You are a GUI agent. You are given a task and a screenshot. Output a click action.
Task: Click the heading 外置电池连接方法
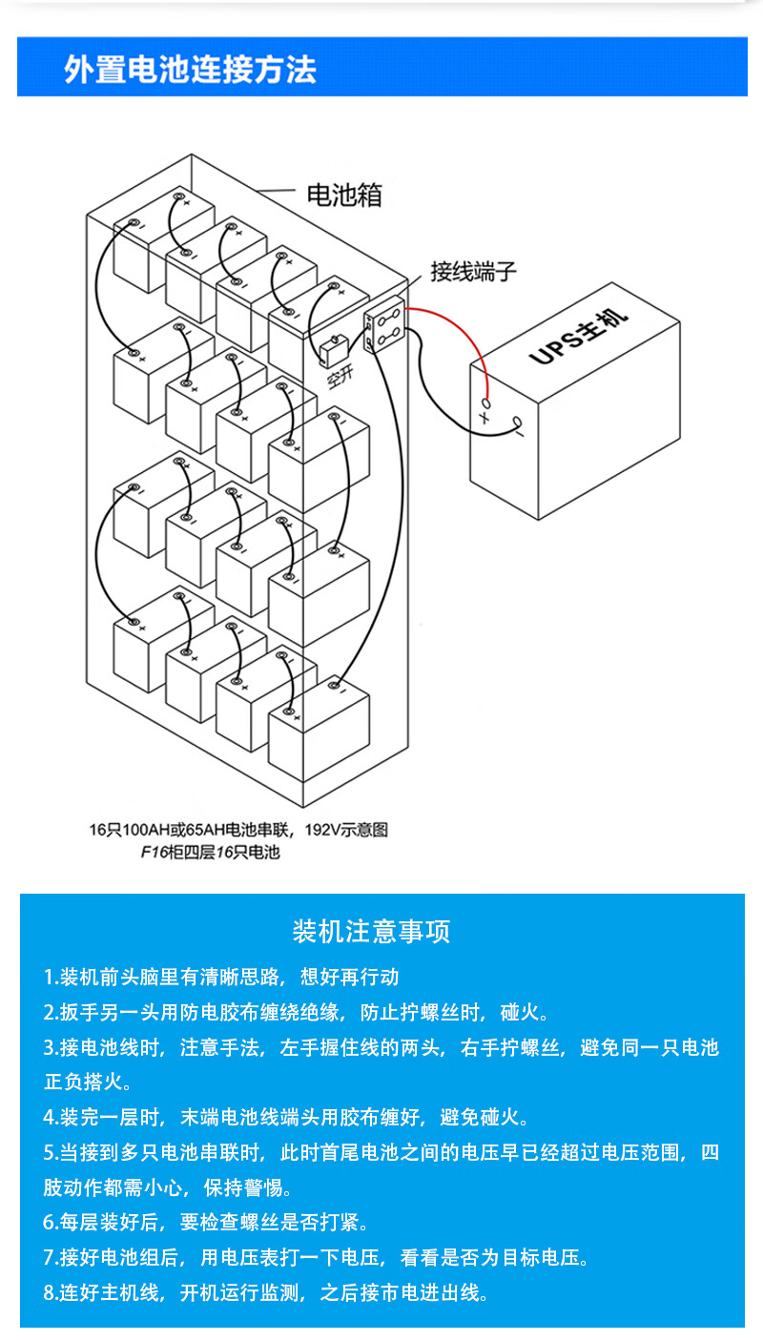coord(190,70)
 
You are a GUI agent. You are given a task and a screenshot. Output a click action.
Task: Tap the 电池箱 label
coord(343,196)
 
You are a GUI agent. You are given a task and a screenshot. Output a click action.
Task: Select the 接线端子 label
coord(473,271)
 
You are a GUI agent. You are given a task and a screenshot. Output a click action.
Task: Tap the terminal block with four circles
coord(387,327)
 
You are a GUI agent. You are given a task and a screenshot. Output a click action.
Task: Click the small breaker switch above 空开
coord(332,350)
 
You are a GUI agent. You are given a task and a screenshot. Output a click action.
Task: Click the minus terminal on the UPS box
coord(519,425)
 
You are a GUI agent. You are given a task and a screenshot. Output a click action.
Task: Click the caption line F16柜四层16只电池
coord(210,852)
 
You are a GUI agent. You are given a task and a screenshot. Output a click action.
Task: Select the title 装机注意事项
coord(371,931)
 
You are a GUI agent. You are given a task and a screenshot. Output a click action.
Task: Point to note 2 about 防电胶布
coord(296,1012)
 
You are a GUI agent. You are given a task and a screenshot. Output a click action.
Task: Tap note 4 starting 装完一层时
coord(286,1117)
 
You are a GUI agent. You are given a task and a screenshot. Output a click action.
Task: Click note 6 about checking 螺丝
coord(206,1222)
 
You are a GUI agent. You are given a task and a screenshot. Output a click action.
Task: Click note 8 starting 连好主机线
coord(267,1292)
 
